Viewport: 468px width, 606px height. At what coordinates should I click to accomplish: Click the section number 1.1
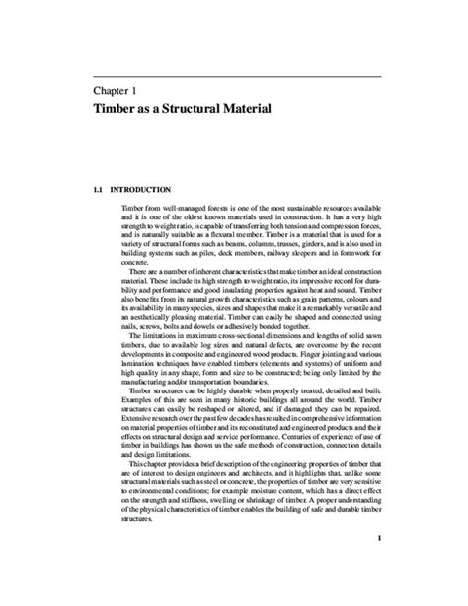click(x=97, y=187)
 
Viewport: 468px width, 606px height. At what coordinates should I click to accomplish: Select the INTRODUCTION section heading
click(x=141, y=187)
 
